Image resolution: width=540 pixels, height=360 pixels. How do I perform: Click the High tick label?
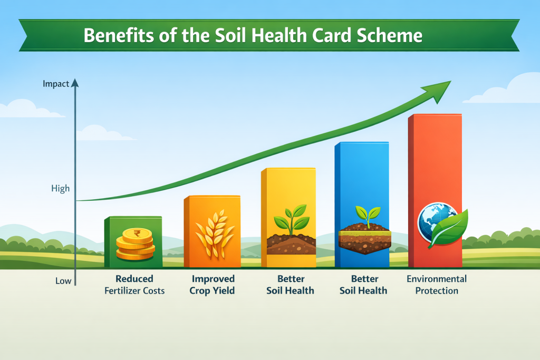(x=61, y=189)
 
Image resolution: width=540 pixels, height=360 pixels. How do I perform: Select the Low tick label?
(x=63, y=281)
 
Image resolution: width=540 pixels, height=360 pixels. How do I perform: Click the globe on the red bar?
(x=431, y=221)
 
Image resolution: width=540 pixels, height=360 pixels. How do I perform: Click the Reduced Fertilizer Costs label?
(x=134, y=285)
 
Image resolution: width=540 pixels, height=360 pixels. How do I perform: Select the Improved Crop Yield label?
(x=213, y=285)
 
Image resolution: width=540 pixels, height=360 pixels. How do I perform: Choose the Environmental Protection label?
(x=437, y=285)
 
